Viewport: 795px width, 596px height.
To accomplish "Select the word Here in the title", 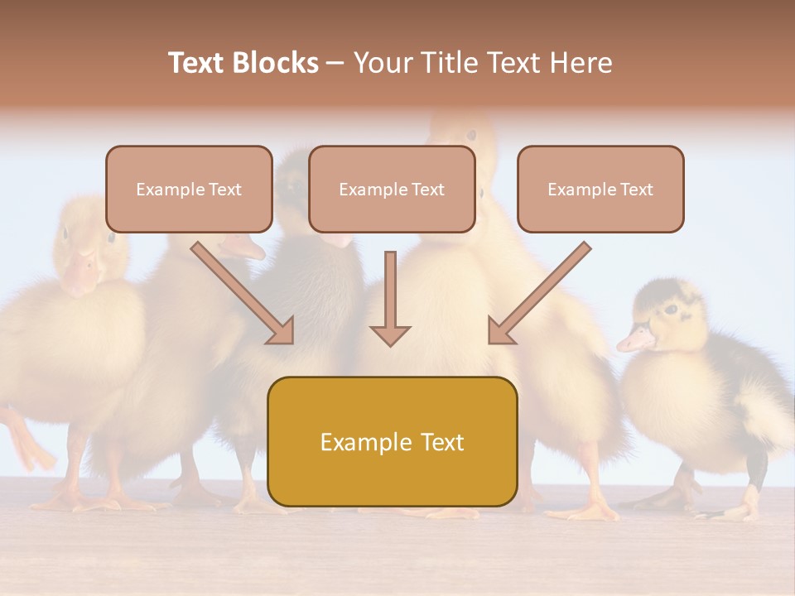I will pyautogui.click(x=579, y=63).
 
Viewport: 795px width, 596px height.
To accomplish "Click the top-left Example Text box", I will pyautogui.click(x=189, y=190).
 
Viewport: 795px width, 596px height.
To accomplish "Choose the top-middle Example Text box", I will pyautogui.click(x=392, y=190).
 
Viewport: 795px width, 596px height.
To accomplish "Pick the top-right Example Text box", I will pyautogui.click(x=600, y=190).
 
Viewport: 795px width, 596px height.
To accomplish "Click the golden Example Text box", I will pyautogui.click(x=392, y=442).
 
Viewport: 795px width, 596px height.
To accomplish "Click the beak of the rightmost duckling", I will pyautogui.click(x=634, y=339).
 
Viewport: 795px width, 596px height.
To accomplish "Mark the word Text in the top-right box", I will pyautogui.click(x=636, y=190).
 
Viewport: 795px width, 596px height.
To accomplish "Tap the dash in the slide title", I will pyautogui.click(x=335, y=63).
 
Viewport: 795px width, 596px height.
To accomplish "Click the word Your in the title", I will pyautogui.click(x=383, y=63).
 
